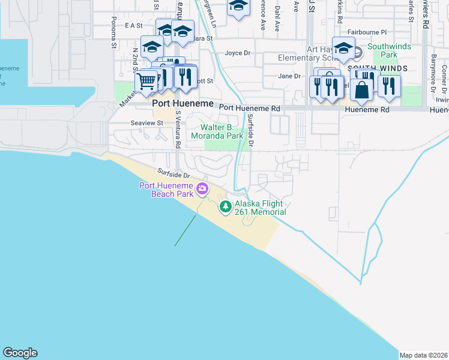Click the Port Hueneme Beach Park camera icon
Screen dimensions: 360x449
point(202,188)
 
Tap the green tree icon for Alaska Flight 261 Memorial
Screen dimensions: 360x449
point(226,207)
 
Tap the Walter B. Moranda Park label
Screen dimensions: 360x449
point(221,131)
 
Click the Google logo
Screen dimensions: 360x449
point(20,353)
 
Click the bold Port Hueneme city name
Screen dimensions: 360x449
point(183,103)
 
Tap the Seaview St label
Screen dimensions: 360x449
point(147,122)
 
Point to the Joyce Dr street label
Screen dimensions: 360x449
point(237,53)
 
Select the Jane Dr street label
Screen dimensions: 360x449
point(289,76)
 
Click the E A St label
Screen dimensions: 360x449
point(133,25)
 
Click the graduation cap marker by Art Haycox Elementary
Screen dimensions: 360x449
point(343,49)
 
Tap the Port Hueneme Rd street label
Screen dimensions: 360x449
point(250,108)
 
